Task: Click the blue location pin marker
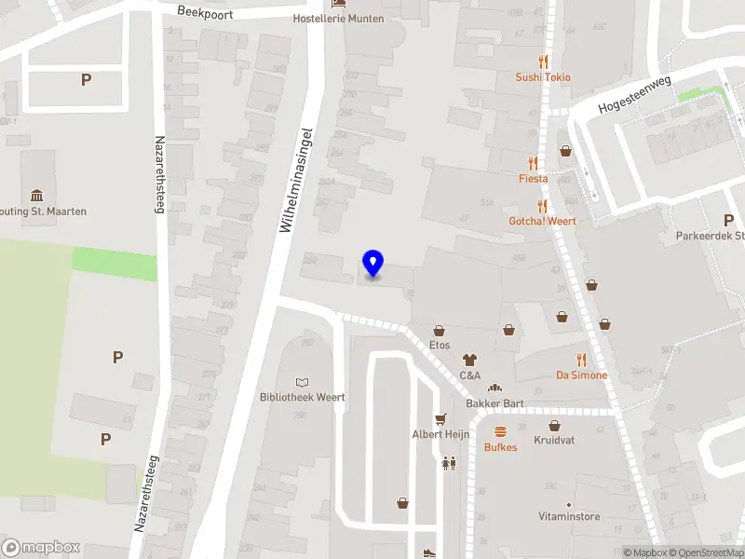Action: coord(372,264)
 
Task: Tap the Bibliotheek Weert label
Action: coord(302,397)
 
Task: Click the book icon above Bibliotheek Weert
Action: coord(302,382)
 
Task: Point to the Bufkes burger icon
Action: coord(501,431)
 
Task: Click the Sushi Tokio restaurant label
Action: coord(543,77)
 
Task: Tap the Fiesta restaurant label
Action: coord(534,178)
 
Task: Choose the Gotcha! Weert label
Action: coord(542,221)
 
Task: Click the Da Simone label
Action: coord(581,375)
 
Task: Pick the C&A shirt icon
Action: coord(469,360)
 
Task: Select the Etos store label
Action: coord(440,345)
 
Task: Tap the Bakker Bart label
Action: coord(494,403)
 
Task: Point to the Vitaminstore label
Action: coord(569,516)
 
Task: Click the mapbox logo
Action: coord(41,547)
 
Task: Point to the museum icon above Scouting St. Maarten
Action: coord(36,195)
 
